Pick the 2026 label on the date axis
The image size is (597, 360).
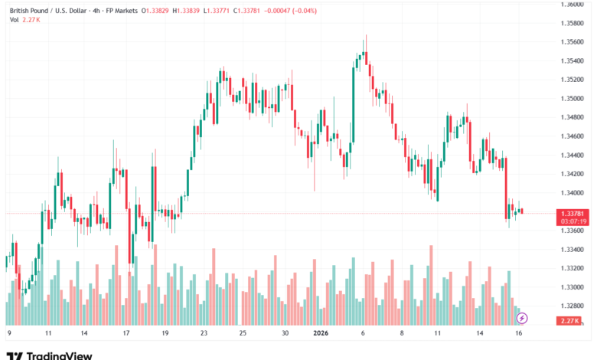tap(320, 334)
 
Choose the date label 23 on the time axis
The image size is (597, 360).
tap(204, 334)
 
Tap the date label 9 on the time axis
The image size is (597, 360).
tap(8, 334)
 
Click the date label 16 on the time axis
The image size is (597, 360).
tap(519, 334)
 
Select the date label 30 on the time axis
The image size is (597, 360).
tap(285, 334)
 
